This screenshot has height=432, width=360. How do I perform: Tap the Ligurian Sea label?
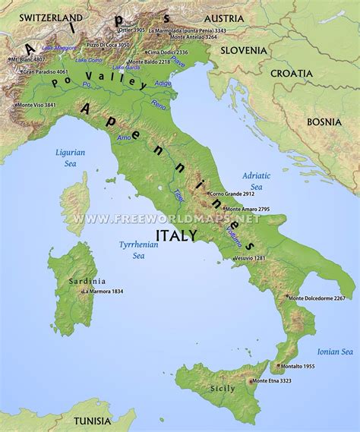click(x=70, y=157)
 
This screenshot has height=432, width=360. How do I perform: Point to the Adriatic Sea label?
click(x=257, y=181)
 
